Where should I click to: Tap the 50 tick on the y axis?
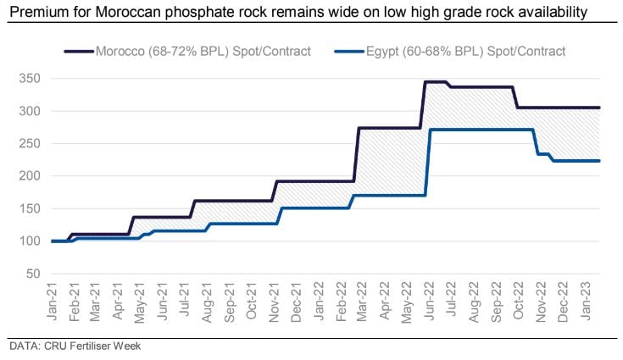pos(31,274)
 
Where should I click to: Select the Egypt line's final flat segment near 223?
pos(576,161)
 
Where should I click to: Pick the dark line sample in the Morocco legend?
pos(78,52)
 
